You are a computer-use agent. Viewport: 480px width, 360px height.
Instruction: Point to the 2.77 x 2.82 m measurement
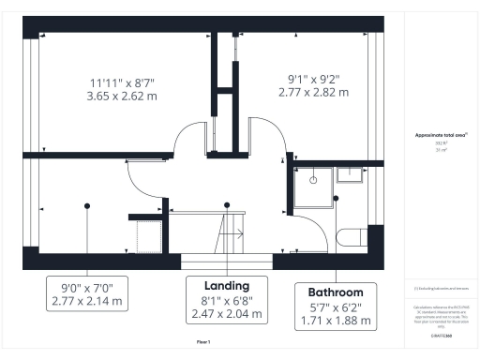pos(313,93)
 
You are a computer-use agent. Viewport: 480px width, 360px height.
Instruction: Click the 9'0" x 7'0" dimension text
pos(85,289)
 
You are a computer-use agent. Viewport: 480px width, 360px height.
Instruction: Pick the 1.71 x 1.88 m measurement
pos(336,322)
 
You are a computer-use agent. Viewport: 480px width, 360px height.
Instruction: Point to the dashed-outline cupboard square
pos(151,235)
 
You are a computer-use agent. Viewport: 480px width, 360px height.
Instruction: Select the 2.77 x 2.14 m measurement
pos(85,303)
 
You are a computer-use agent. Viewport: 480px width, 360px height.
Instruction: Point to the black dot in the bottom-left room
pos(85,205)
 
